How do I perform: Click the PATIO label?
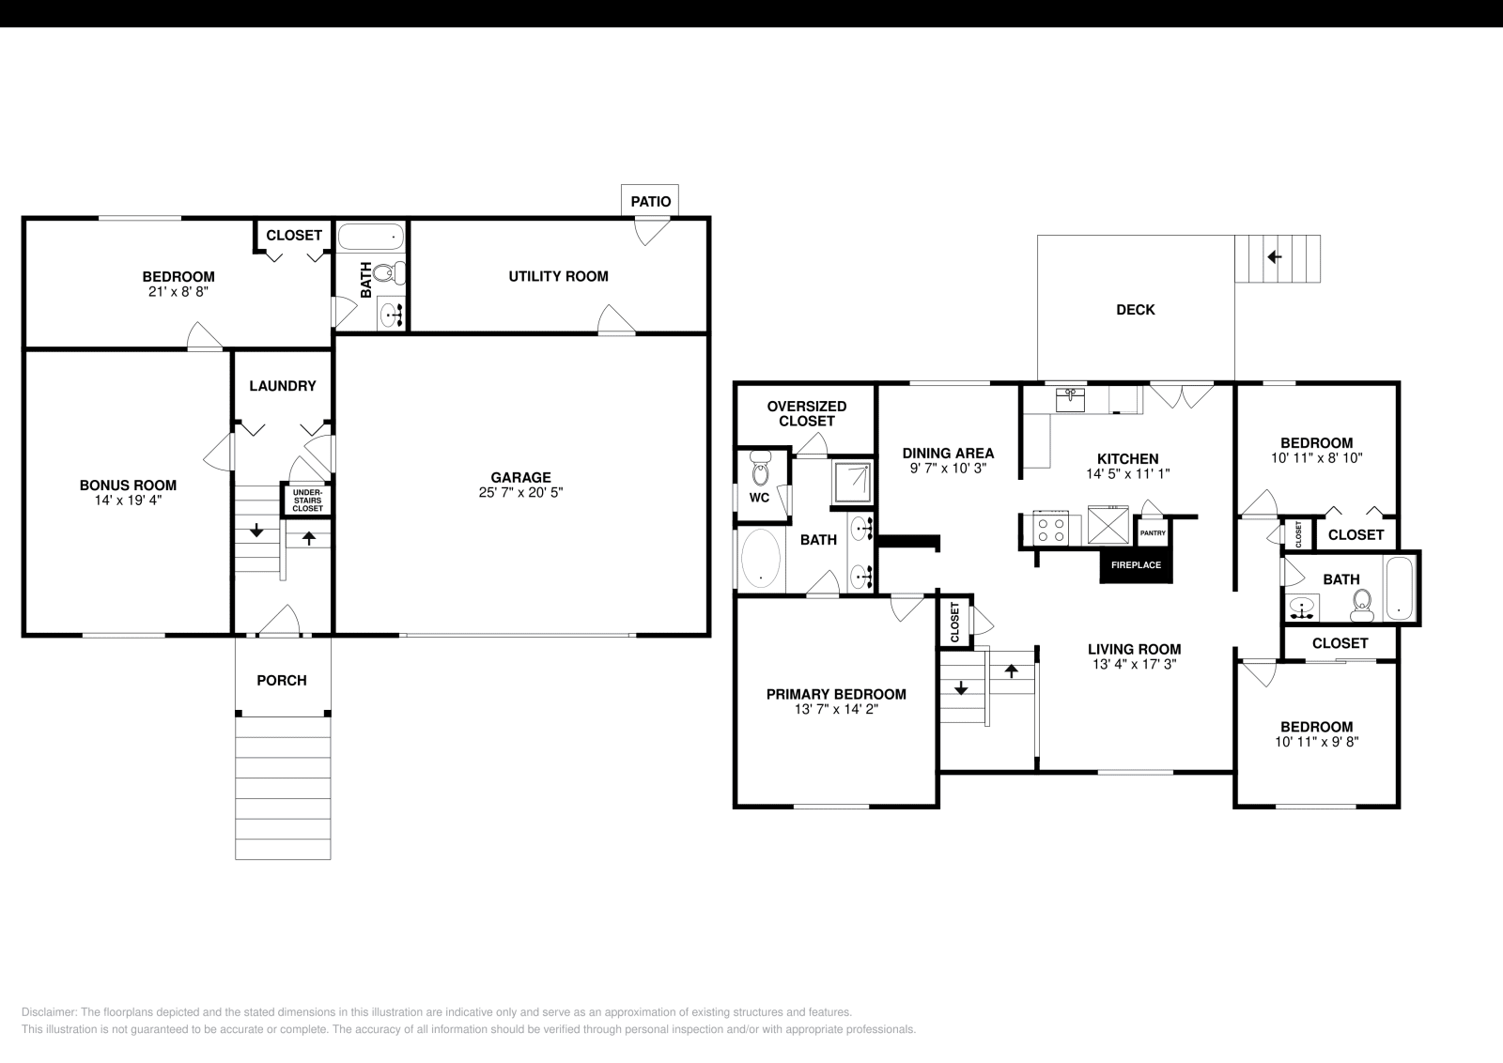[650, 202]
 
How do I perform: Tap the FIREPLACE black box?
[1136, 565]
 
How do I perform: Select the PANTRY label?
[1153, 533]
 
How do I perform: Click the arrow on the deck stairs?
[1274, 257]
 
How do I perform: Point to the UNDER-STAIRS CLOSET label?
[307, 501]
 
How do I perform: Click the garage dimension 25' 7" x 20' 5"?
[520, 492]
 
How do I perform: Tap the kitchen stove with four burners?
[1050, 528]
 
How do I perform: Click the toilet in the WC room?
[760, 469]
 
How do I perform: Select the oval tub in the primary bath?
[760, 558]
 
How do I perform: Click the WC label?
[759, 498]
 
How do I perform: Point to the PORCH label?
[282, 681]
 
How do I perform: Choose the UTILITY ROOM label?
[558, 276]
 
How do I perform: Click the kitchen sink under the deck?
[1070, 400]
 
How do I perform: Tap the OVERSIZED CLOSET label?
[807, 414]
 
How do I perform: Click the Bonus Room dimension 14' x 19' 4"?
[128, 501]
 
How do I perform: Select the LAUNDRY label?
[283, 386]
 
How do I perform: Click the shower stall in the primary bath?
[852, 482]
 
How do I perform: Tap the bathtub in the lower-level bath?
[370, 237]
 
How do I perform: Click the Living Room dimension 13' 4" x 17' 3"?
[1134, 665]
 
